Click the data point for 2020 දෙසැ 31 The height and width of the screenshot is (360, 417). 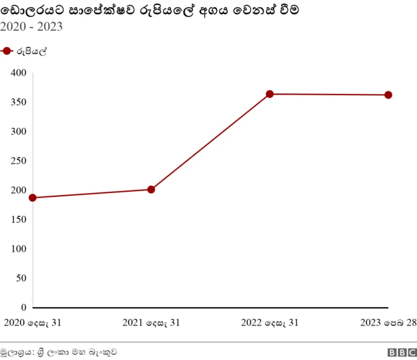point(33,198)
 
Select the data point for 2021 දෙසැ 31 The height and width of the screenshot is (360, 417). point(151,190)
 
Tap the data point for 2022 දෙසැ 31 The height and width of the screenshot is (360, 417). point(270,94)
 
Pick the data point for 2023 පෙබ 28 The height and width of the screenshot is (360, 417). point(388,95)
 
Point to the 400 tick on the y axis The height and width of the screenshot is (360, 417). point(18,73)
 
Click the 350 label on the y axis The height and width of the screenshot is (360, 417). point(18,102)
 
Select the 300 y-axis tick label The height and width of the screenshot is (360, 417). point(18,132)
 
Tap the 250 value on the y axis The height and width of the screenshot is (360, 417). point(18,161)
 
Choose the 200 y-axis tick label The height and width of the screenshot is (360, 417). point(18,190)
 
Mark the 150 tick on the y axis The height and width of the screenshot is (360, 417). point(18,220)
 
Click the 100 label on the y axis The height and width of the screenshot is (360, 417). point(18,249)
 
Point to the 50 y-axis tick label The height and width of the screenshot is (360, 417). point(21,278)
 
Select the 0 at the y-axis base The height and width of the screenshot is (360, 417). point(23,307)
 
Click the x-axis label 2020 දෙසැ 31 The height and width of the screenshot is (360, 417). point(33,323)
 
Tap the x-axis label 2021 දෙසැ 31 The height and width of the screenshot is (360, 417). point(151,323)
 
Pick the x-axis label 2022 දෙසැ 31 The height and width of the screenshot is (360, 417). point(270,323)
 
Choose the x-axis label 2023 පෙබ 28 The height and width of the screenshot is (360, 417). point(388,323)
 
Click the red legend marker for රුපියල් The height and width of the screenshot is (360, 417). point(7,52)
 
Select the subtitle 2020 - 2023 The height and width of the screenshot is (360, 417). point(31,27)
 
